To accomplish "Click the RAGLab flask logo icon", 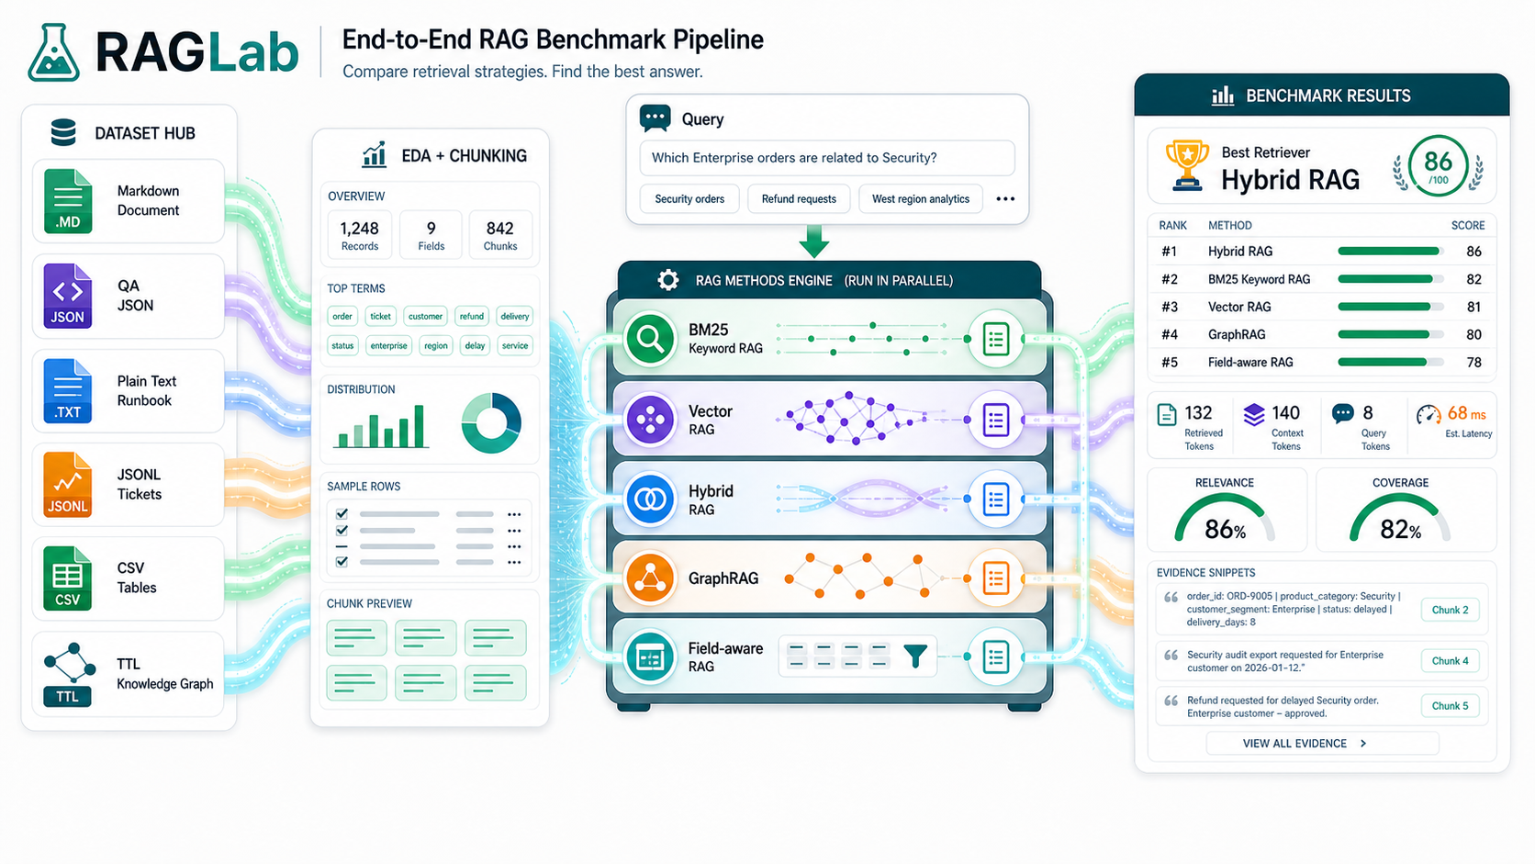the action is [x=53, y=52].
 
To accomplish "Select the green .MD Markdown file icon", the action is [x=68, y=201].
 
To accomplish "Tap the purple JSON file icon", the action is [x=68, y=296].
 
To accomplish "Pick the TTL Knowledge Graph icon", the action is [x=68, y=675].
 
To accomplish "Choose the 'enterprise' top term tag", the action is [x=388, y=345].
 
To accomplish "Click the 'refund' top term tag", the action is [x=472, y=316].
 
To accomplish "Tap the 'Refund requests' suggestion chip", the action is [x=799, y=198].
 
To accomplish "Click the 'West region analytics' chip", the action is [x=920, y=198].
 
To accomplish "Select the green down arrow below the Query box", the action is [x=814, y=241].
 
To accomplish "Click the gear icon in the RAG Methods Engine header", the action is [x=668, y=279].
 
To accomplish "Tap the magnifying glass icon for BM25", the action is [x=650, y=339].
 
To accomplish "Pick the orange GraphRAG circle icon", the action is [x=650, y=578].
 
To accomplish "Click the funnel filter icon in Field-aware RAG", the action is [x=915, y=656].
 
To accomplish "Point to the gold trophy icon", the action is [x=1187, y=165].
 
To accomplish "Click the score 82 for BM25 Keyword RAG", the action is [x=1474, y=279].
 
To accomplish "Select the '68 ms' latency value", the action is [x=1466, y=414].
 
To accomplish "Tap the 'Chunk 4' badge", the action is [x=1450, y=661].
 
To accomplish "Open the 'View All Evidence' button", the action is [x=1323, y=744].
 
